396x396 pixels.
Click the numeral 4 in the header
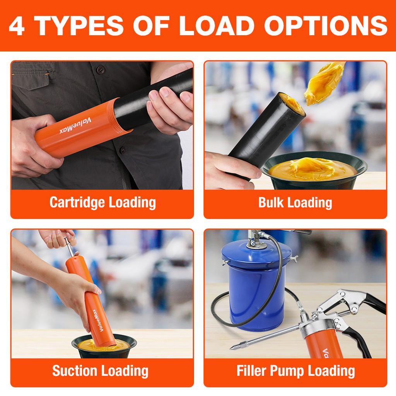click(x=17, y=26)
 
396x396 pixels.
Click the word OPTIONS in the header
click(x=326, y=26)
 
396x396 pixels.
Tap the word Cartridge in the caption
click(x=77, y=203)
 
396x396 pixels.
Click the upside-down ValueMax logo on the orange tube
click(x=75, y=126)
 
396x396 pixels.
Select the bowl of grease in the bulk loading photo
click(x=314, y=171)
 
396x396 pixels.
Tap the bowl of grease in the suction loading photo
click(x=104, y=346)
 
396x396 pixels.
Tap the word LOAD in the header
click(x=217, y=26)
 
